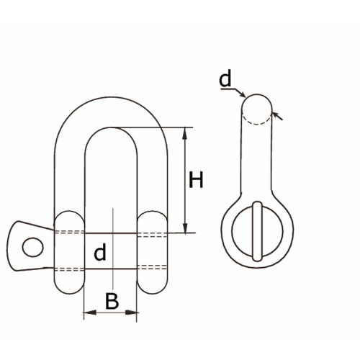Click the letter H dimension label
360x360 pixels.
[196, 179]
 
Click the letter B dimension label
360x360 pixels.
[112, 301]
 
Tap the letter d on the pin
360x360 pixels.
[100, 252]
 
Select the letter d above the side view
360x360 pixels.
[225, 78]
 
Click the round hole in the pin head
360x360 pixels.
[33, 247]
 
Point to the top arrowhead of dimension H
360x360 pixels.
[184, 134]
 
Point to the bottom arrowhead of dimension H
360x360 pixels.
[185, 228]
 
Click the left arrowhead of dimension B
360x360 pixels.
[90, 312]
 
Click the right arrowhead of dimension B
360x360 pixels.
[132, 312]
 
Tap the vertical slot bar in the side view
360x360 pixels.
[257, 231]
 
